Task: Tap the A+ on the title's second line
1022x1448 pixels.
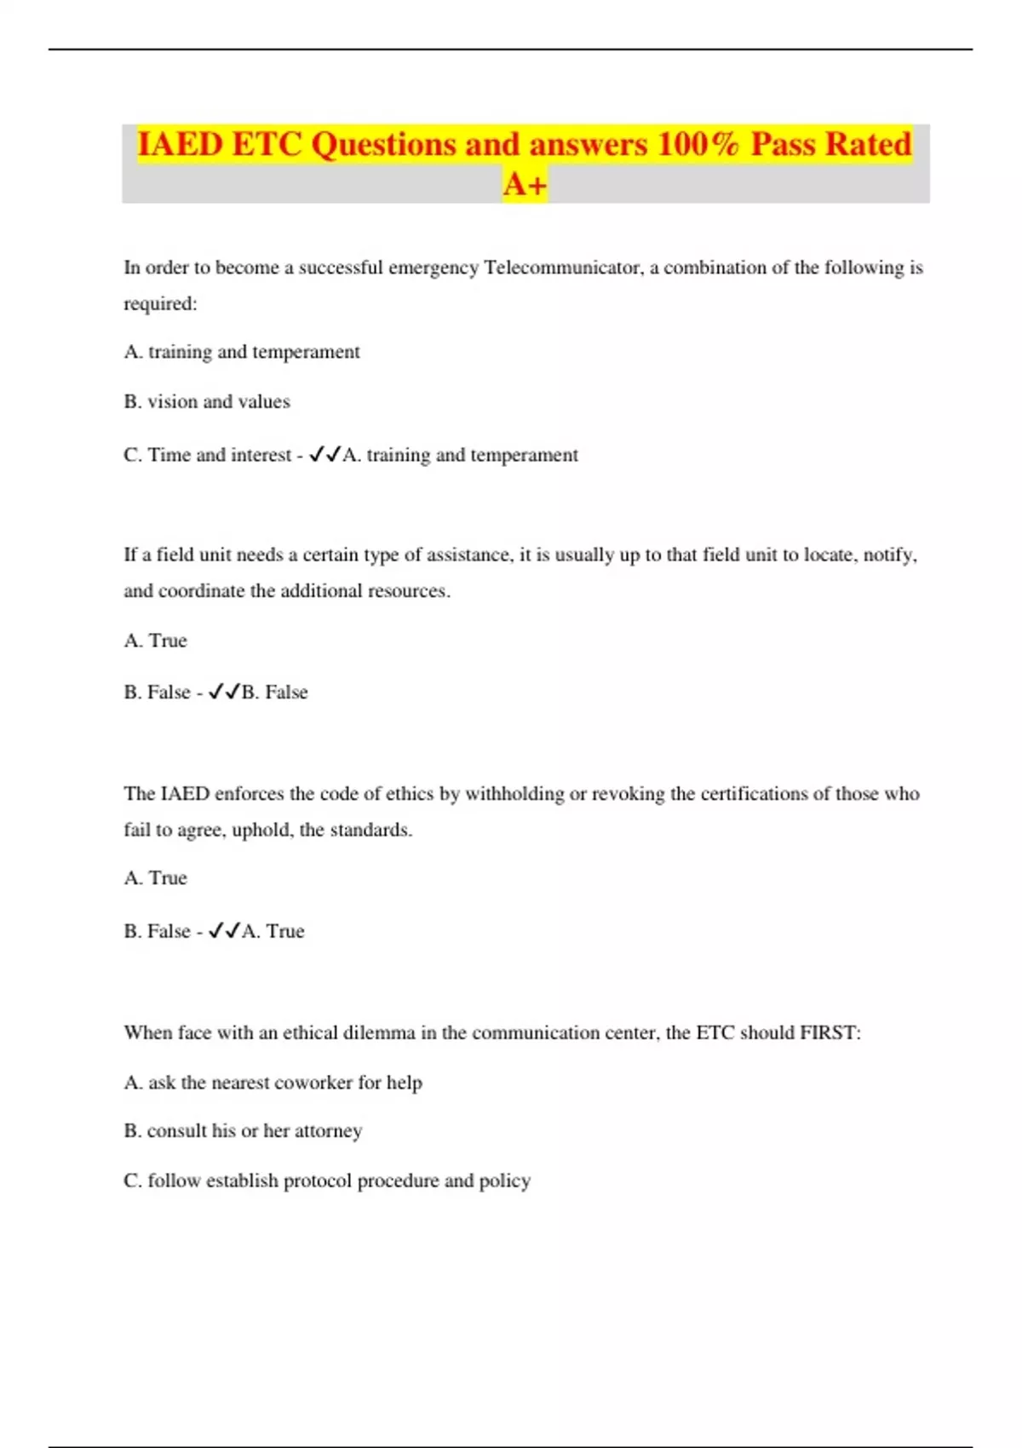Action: pyautogui.click(x=525, y=184)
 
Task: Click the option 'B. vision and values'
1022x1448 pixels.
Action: pyautogui.click(x=207, y=401)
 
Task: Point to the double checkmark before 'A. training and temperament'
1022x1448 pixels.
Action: pyautogui.click(x=324, y=455)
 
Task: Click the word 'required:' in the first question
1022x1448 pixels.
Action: pyautogui.click(x=160, y=304)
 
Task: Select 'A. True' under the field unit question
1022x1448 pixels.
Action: pyautogui.click(x=155, y=641)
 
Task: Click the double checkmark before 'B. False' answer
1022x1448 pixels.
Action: pyautogui.click(x=224, y=692)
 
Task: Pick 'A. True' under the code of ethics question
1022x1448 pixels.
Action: pyautogui.click(x=155, y=878)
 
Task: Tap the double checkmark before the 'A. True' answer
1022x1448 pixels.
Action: pyautogui.click(x=224, y=931)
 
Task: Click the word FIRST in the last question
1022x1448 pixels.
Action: pyautogui.click(x=830, y=1033)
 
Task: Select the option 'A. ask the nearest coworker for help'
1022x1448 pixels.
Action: pyautogui.click(x=273, y=1083)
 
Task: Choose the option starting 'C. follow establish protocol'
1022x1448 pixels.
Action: pyautogui.click(x=327, y=1181)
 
